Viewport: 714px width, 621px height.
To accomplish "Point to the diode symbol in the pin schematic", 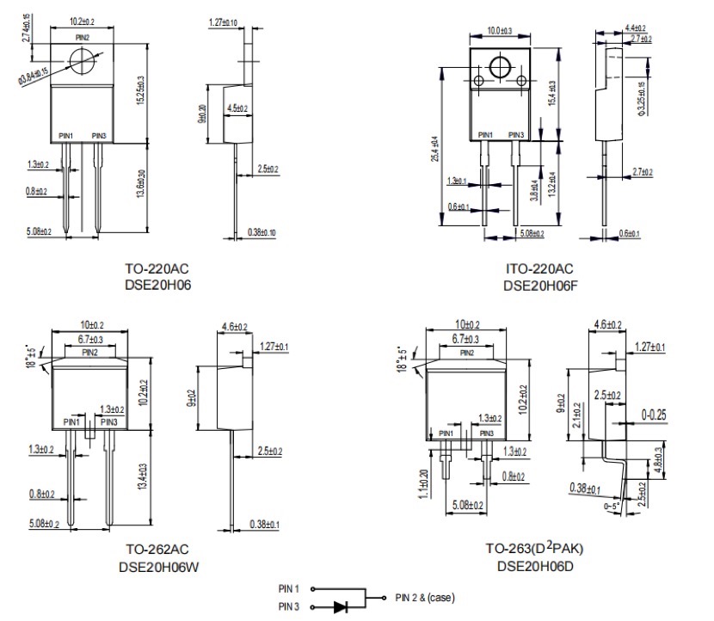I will pos(341,606).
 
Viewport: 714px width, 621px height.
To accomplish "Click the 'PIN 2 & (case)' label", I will pos(424,598).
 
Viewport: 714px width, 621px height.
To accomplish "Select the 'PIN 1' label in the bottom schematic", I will pos(288,589).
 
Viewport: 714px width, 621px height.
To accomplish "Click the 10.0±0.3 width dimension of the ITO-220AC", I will pos(499,32).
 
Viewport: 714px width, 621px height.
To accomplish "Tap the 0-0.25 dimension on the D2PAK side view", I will pos(655,414).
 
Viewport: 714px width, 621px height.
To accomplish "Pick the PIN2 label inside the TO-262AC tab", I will pos(89,353).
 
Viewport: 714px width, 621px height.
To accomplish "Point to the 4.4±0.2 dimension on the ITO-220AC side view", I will pos(637,28).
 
